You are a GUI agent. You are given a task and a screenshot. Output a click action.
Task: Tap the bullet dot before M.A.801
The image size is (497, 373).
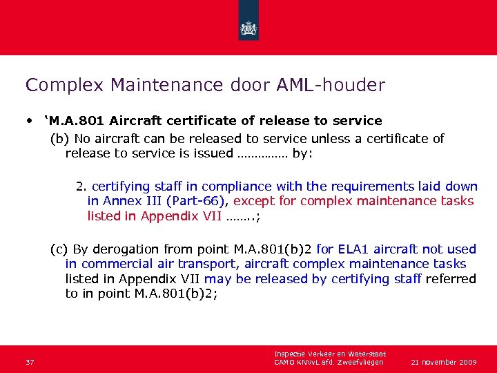(x=30, y=121)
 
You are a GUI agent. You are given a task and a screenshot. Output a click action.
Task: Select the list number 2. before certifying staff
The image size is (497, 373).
(x=81, y=186)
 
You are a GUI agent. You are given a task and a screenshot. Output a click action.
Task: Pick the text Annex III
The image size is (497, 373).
(x=128, y=201)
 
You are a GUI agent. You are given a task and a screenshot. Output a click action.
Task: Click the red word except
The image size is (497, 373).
(x=254, y=201)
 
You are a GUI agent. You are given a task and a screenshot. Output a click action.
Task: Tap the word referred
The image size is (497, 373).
(x=451, y=278)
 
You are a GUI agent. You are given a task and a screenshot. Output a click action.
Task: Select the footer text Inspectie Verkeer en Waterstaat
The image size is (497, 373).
(x=329, y=354)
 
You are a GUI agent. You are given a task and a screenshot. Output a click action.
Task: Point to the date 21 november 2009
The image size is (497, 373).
(x=444, y=362)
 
